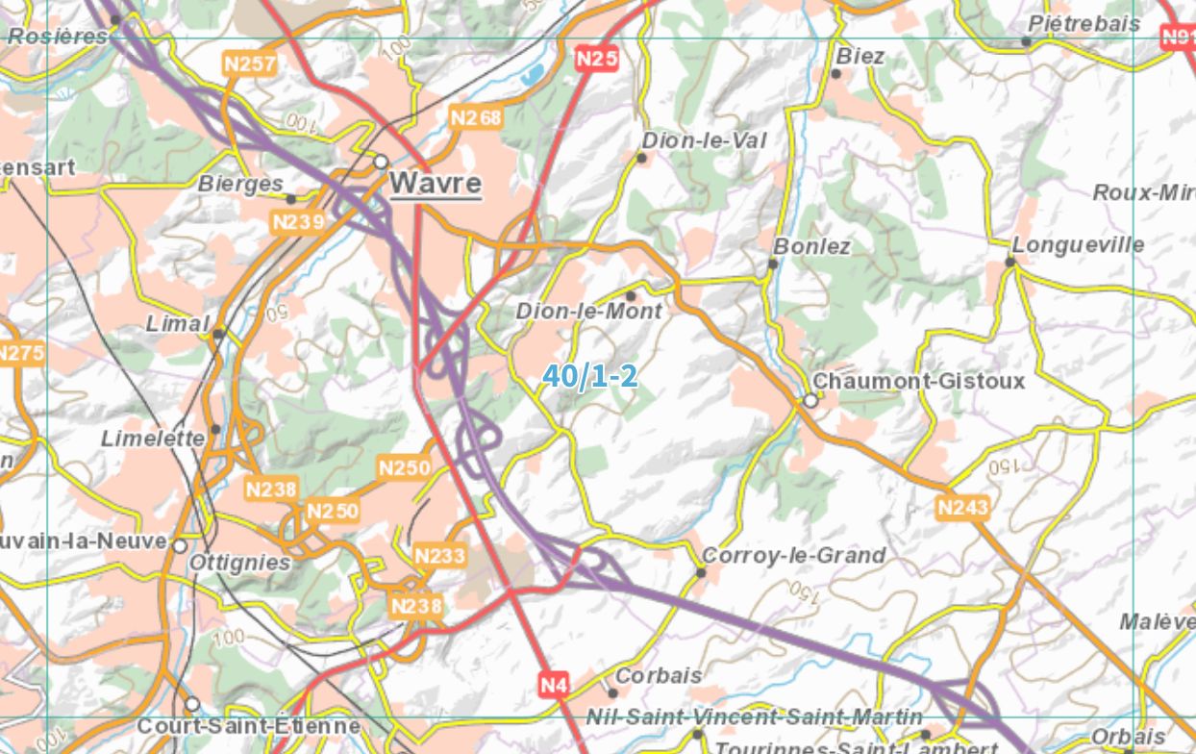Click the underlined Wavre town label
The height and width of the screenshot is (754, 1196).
click(x=435, y=183)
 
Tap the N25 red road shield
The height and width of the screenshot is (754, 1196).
click(x=596, y=60)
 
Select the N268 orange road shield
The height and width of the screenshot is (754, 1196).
click(x=476, y=117)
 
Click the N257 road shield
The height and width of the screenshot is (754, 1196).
click(x=249, y=64)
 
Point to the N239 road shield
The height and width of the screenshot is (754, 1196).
click(x=298, y=222)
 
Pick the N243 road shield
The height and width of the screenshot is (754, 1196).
click(x=962, y=506)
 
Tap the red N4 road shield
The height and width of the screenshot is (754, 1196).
click(x=554, y=686)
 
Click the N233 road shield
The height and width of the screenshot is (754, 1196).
click(x=439, y=555)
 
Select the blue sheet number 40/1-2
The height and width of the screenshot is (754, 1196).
click(x=589, y=376)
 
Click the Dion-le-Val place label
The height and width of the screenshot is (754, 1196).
click(x=704, y=140)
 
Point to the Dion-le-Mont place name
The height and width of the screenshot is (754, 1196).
click(x=588, y=312)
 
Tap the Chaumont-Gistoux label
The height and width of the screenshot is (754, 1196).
click(x=919, y=381)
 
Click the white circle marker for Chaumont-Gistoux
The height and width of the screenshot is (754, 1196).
click(x=810, y=400)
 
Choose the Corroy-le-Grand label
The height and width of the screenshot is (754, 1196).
click(x=793, y=555)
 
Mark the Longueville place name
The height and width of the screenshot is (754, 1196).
click(x=1078, y=244)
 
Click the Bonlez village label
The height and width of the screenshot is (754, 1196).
click(x=811, y=246)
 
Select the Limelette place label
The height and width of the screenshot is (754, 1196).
click(x=153, y=439)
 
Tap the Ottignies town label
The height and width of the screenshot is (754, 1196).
click(x=240, y=563)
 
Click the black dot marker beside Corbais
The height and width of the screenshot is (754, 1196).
click(x=612, y=692)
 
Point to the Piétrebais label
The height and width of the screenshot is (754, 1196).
click(x=1084, y=23)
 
